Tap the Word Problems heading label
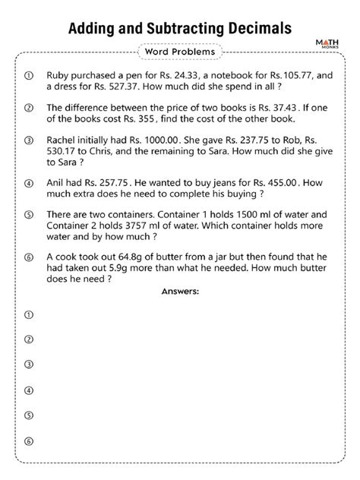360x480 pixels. point(179,52)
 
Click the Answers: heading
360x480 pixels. point(179,292)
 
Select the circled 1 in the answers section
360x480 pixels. point(30,314)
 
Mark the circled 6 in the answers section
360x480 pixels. point(30,441)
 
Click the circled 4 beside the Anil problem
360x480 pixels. point(30,183)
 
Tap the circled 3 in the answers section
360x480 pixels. point(30,365)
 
